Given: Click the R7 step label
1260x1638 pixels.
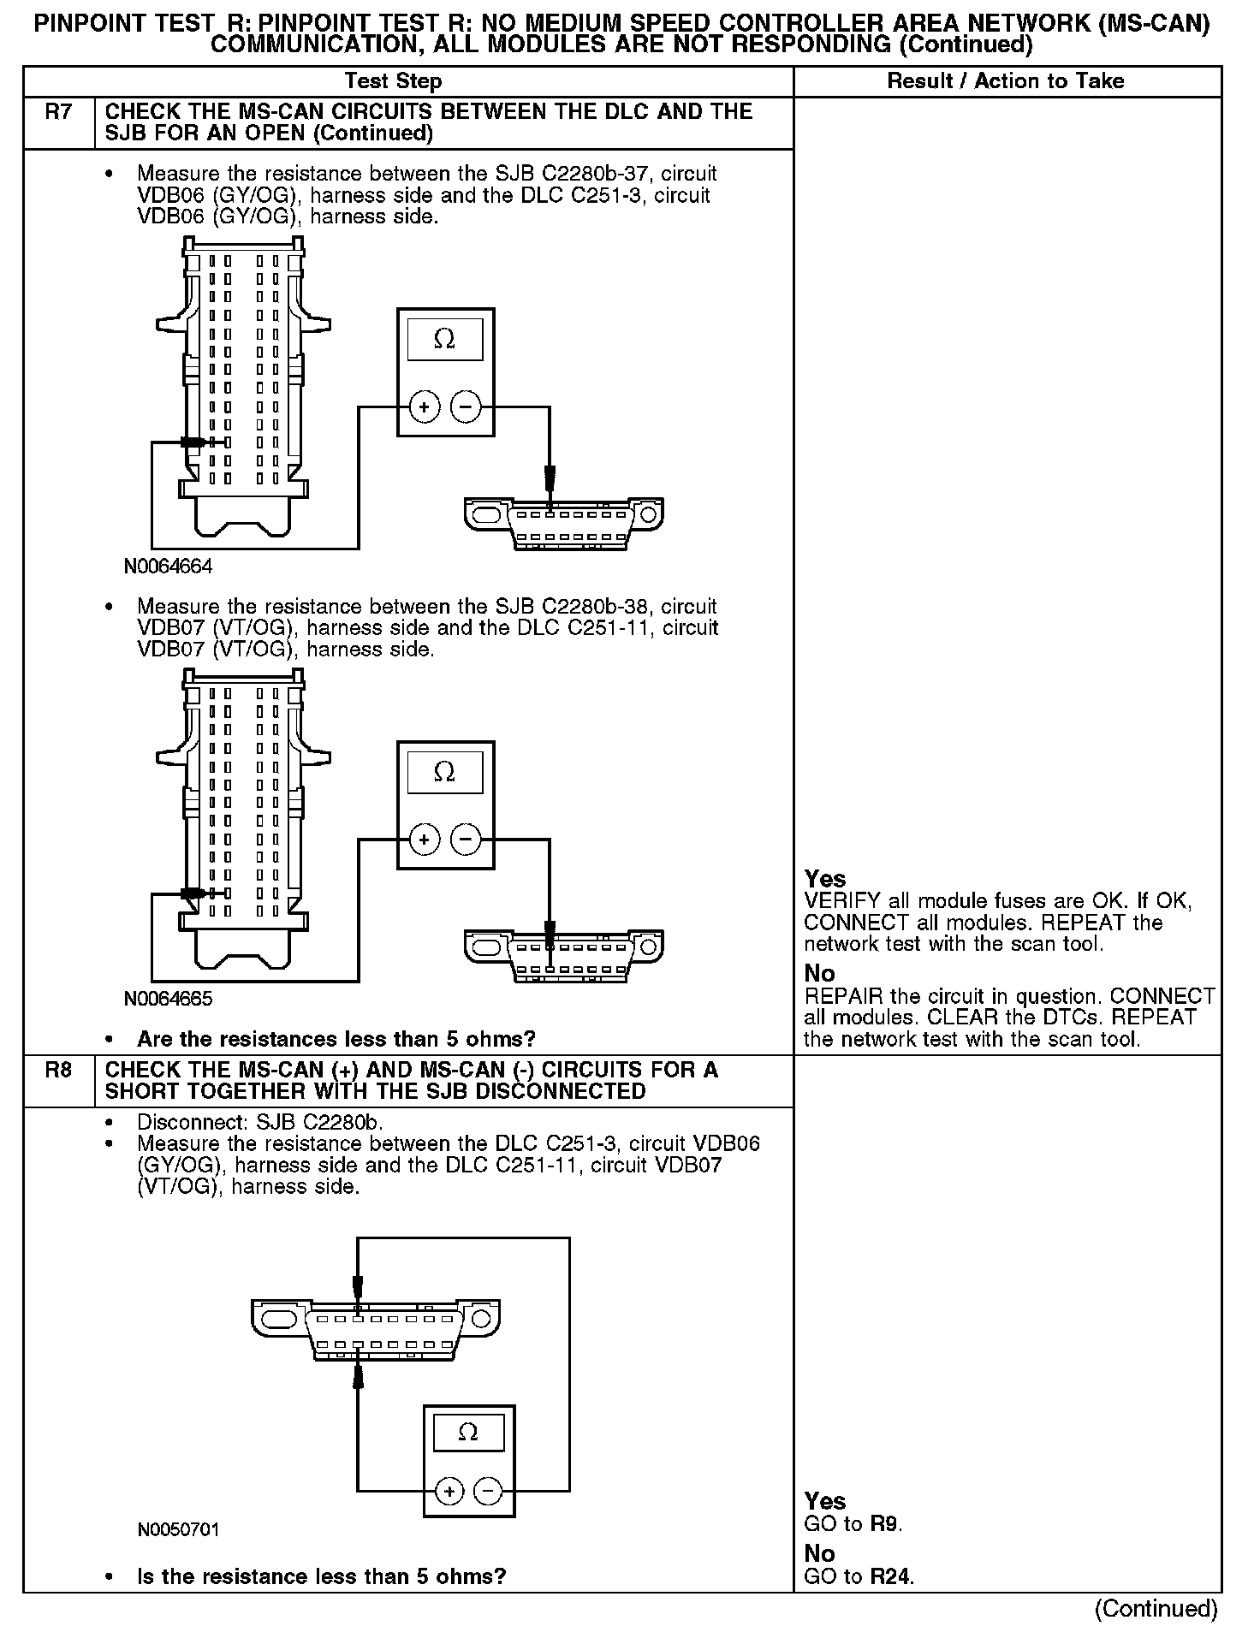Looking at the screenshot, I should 58,112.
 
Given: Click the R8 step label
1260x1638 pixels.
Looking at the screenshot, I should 58,1071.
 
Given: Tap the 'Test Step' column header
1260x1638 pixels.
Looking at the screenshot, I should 393,81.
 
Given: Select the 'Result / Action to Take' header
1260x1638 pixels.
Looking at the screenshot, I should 1006,81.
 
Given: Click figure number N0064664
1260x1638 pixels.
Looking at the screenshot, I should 168,567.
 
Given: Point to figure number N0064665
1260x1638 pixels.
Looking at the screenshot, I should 168,999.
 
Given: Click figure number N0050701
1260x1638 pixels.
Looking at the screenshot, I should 178,1529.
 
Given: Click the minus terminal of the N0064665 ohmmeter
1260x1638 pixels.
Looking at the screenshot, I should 466,840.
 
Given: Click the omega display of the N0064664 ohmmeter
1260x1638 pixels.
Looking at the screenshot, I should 444,340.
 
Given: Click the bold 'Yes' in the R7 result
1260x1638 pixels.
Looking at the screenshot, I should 825,879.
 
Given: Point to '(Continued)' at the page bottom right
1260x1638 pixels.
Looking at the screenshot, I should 1156,1609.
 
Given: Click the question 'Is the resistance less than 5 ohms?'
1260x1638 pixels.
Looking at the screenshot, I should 321,1576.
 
